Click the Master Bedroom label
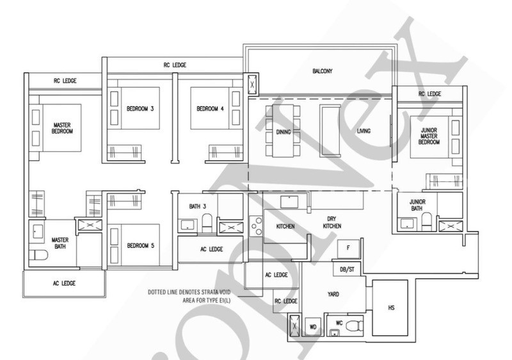(x=62, y=128)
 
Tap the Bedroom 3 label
(x=140, y=108)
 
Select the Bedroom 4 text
(x=210, y=108)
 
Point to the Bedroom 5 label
(x=140, y=245)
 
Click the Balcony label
(x=323, y=71)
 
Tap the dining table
(x=283, y=131)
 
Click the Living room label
(x=364, y=131)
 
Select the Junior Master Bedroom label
(x=429, y=136)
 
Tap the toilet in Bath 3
(x=207, y=222)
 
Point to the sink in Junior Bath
(x=407, y=224)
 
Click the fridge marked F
(x=348, y=249)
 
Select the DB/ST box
(x=347, y=270)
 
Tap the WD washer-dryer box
(x=313, y=326)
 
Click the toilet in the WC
(x=354, y=325)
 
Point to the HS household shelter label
(x=391, y=307)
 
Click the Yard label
(x=333, y=294)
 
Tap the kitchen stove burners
(x=255, y=225)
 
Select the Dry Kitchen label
(x=332, y=222)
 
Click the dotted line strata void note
(x=189, y=296)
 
